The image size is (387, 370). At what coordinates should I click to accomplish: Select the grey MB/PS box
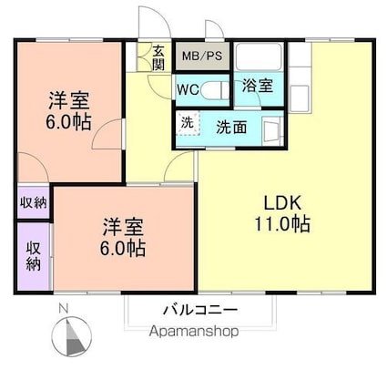[201, 57]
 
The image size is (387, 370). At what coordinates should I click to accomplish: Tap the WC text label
[188, 90]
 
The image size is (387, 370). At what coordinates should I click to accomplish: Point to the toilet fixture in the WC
[216, 90]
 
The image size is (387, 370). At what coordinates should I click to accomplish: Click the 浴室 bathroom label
[257, 87]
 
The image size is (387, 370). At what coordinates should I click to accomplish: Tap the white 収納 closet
[33, 202]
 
